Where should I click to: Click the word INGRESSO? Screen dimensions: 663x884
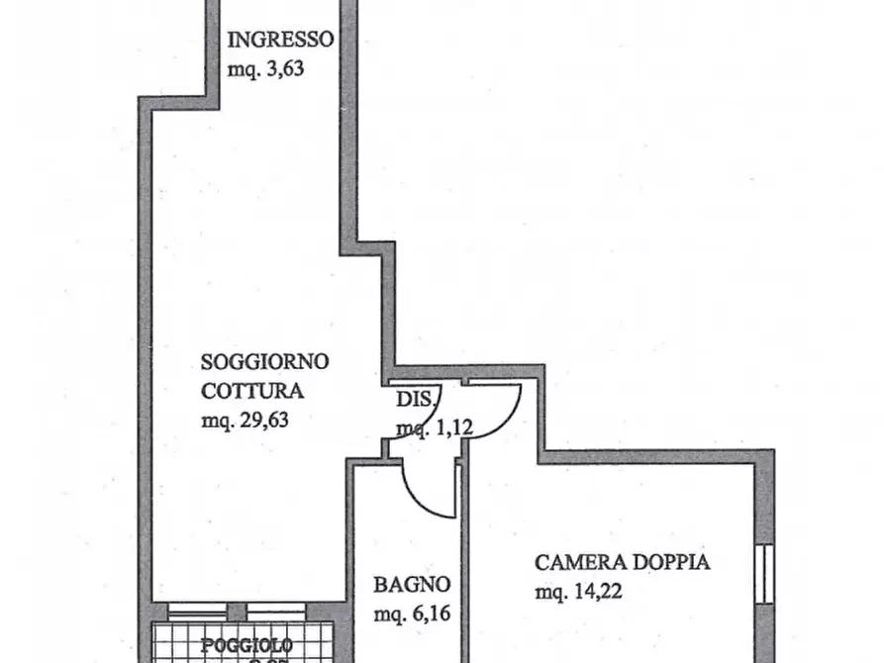click(x=281, y=41)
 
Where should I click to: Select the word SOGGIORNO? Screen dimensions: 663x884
click(x=264, y=361)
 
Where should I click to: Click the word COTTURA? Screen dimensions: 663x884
click(x=251, y=389)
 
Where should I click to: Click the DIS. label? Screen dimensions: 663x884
click(x=415, y=400)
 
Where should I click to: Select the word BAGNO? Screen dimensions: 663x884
click(x=412, y=585)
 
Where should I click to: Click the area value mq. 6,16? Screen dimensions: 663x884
click(x=412, y=615)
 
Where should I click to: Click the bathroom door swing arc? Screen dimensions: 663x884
click(x=426, y=495)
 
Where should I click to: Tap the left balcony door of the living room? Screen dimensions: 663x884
click(x=197, y=612)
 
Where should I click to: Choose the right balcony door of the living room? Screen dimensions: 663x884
click(x=275, y=612)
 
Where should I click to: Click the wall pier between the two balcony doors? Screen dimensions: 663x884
click(x=237, y=612)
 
